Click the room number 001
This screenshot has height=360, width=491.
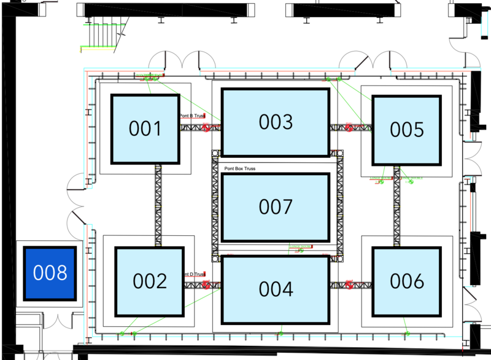[145, 129]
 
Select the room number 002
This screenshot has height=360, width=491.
[150, 281]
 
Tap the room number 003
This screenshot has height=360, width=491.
[276, 122]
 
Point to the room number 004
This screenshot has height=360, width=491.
[276, 289]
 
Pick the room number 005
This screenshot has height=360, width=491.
[407, 130]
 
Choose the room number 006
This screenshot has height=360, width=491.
[407, 281]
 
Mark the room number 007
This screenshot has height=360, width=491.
[276, 207]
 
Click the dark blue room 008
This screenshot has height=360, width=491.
[50, 273]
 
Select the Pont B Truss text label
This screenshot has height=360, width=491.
[191, 115]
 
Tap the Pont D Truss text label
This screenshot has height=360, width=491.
[194, 275]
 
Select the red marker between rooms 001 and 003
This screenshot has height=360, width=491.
[207, 128]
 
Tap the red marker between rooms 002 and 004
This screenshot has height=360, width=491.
[207, 284]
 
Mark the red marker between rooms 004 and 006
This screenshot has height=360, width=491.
[350, 284]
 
